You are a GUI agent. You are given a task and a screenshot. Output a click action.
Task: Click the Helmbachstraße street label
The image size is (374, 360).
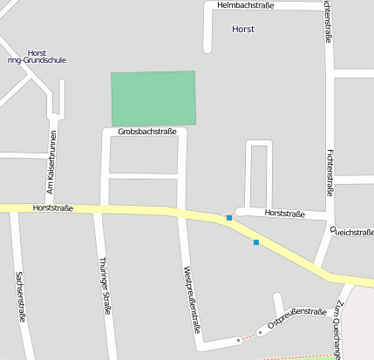[245, 5]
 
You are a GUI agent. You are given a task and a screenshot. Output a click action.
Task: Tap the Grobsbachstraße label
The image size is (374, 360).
[147, 132]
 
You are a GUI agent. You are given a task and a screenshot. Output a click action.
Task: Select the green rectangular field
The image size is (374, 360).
[153, 98]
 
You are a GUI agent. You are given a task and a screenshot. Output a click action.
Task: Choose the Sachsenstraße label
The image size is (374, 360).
[20, 296]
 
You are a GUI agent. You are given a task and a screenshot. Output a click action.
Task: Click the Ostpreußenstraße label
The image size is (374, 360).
[296, 316]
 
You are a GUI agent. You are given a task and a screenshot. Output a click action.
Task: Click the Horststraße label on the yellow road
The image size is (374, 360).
[52, 208]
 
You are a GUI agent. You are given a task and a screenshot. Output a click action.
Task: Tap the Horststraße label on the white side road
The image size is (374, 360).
[284, 214]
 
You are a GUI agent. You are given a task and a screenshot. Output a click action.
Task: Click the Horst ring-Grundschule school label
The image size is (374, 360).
[37, 57]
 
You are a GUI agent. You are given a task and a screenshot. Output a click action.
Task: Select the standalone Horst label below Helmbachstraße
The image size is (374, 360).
[244, 30]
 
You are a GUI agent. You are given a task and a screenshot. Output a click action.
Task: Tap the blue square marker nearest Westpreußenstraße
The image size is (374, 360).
[229, 218]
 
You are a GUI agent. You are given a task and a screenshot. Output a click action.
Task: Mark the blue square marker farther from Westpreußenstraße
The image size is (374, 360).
[256, 242]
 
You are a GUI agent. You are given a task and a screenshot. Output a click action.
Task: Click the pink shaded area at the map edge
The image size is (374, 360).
[359, 323]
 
